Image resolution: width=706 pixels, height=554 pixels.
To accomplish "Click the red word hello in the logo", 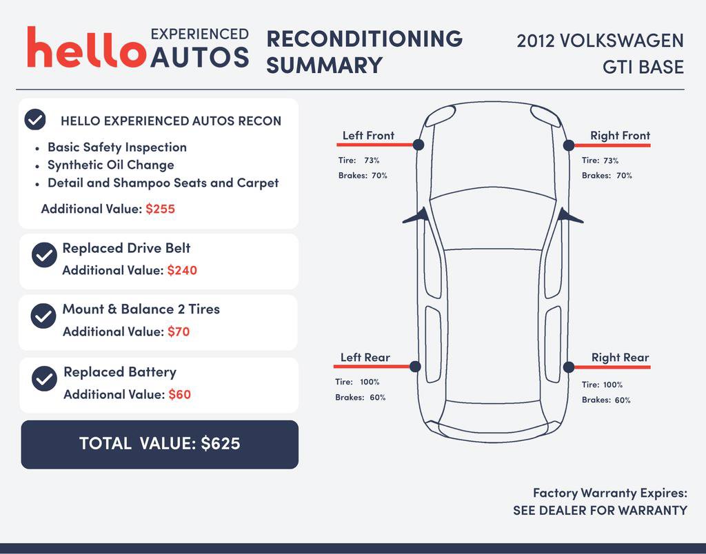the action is point(87,47).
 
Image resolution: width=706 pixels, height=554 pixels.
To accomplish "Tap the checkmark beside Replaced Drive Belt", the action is point(44,255).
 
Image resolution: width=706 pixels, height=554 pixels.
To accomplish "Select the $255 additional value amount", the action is point(160,209).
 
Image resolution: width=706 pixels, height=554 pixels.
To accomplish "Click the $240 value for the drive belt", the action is point(182,270).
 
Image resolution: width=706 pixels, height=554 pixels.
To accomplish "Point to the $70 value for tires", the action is point(179,331).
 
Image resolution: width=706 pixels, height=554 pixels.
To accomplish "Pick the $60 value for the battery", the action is point(180,395).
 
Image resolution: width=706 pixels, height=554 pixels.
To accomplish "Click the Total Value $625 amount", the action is point(221,443).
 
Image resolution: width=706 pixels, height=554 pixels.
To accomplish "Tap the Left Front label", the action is point(368,136).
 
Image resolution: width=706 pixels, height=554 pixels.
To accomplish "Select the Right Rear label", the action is point(620,358).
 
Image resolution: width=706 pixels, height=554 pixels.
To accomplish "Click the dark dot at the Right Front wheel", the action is point(569,145).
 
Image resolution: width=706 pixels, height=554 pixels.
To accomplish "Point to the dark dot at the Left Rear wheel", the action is point(415,367).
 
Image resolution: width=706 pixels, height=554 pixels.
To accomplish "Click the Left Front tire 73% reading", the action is point(372,161).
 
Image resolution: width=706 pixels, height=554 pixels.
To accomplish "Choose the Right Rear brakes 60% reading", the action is point(623,400).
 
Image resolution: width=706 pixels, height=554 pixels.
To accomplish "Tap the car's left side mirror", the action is point(416,216).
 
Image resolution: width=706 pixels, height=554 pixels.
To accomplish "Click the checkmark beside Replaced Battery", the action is point(44,378).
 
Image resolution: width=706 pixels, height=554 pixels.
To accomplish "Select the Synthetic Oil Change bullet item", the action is point(111,165).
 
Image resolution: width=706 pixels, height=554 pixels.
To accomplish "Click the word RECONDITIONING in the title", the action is point(364,39).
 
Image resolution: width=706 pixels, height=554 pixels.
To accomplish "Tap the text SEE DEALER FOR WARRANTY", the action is point(601,511).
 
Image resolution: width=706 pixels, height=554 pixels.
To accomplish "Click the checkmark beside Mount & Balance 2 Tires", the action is point(43,316).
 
